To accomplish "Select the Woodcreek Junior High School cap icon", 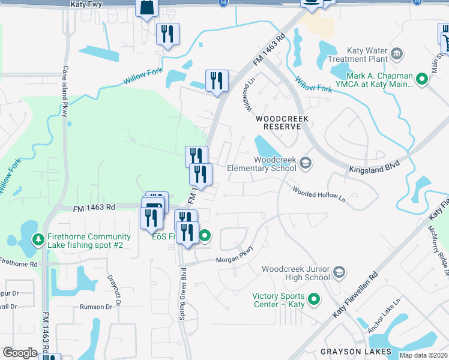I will point(339,273).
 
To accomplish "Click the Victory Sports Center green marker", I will point(313,299).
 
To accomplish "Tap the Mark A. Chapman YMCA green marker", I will point(422,79).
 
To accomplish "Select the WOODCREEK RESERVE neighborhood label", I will point(282,119).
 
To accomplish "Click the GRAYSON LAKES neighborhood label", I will point(356,351).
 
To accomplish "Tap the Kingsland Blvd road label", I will point(373,171).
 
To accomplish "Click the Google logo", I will point(20,353).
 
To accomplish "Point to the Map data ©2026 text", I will point(423,355).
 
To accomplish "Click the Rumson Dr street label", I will point(96,307).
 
